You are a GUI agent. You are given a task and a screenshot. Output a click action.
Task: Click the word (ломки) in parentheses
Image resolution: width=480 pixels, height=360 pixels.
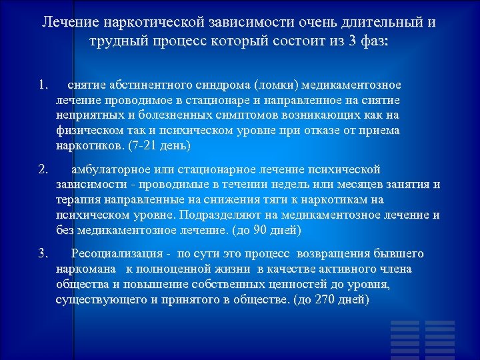pos(279,85)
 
